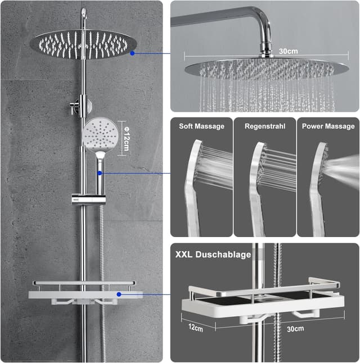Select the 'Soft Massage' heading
click(201, 126)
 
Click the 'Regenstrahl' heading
click(264, 126)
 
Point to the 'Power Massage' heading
click(328, 126)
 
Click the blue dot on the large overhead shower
click(132, 53)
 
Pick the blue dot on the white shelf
click(119, 293)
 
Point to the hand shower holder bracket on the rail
click(80, 198)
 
